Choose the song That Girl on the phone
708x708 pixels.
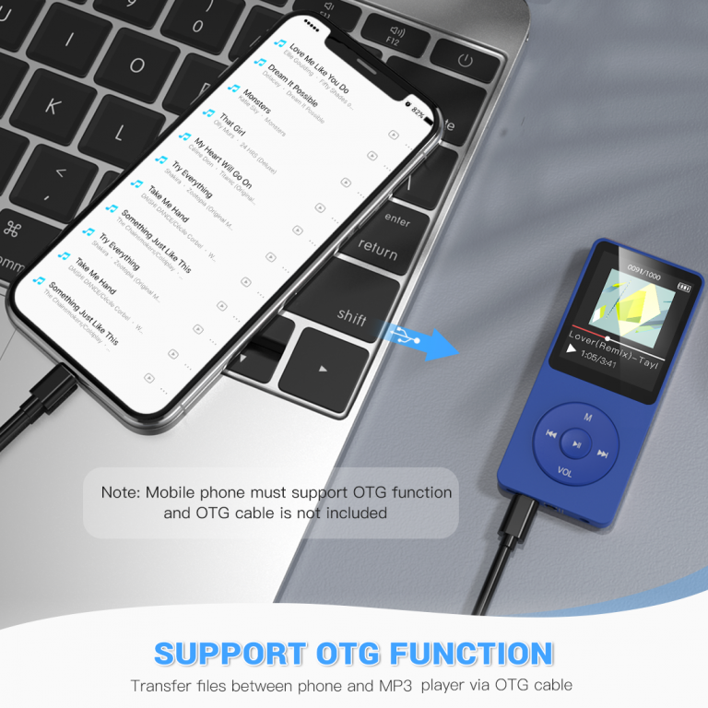(232, 125)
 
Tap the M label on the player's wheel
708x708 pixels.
(587, 417)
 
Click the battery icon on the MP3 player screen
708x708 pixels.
(683, 287)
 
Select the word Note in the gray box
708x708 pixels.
(120, 492)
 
